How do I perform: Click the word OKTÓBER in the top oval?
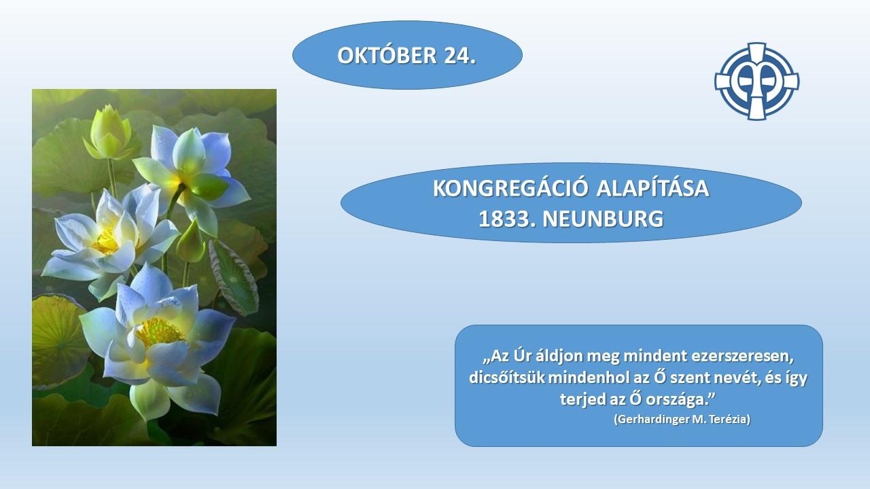tap(387, 55)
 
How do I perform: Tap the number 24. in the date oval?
tap(460, 55)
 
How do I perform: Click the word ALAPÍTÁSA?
tap(653, 188)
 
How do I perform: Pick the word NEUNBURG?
tap(603, 219)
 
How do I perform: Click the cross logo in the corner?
tap(756, 81)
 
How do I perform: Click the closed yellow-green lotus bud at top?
tap(109, 132)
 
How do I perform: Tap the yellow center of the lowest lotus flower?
tap(158, 333)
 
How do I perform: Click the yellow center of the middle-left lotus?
tap(105, 241)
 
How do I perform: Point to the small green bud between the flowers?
tap(191, 242)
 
